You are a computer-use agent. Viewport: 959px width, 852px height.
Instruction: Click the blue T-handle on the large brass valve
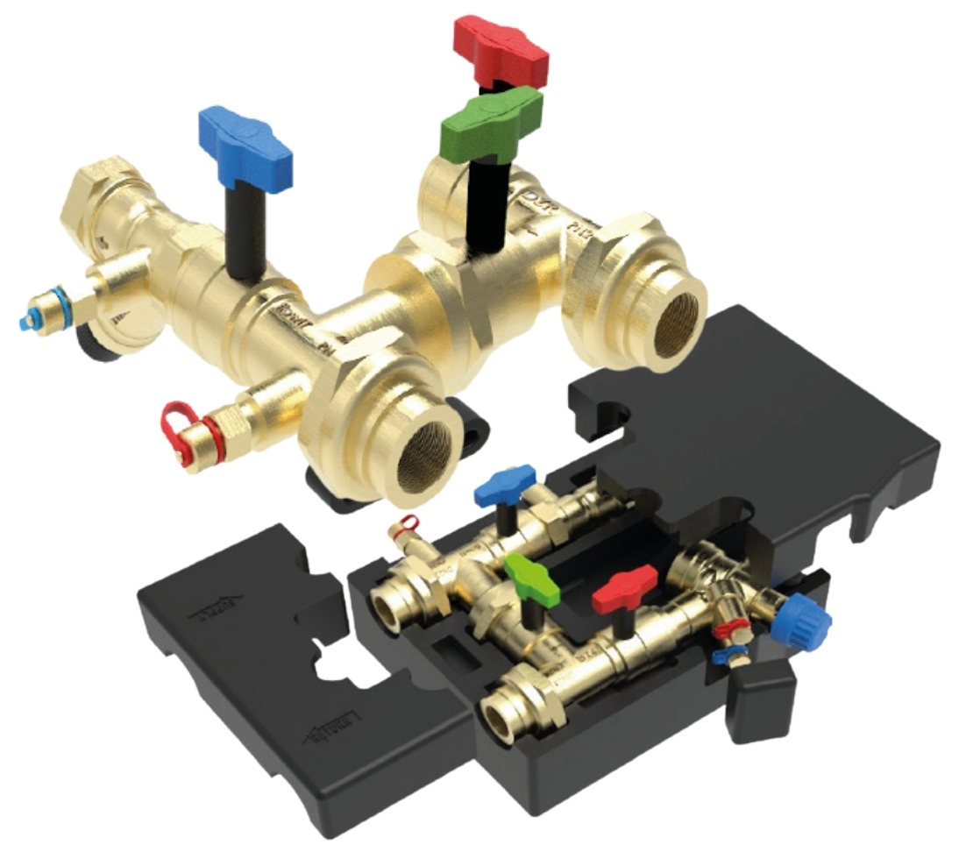[245, 144]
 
